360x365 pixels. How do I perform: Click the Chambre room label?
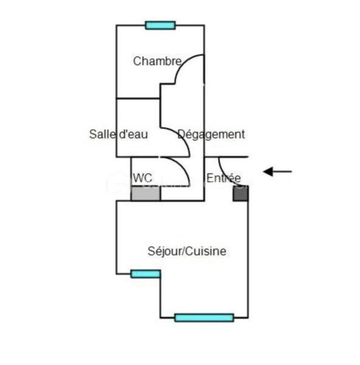[157, 61]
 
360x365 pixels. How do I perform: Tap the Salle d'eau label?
[119, 134]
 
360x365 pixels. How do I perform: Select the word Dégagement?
[211, 134]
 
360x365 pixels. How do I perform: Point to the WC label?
[142, 178]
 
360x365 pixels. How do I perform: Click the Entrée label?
[224, 178]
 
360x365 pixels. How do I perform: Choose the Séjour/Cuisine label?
[187, 251]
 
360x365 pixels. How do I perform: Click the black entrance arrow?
[277, 172]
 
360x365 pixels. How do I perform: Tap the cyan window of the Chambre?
[161, 25]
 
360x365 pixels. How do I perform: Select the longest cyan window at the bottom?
[204, 318]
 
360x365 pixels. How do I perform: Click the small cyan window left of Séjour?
[146, 274]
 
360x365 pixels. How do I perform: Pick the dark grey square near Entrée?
[241, 193]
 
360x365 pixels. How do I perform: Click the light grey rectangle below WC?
[146, 193]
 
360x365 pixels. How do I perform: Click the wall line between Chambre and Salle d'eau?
[138, 99]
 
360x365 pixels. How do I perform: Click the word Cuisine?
[206, 251]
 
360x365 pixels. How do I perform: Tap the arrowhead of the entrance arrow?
[268, 172]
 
